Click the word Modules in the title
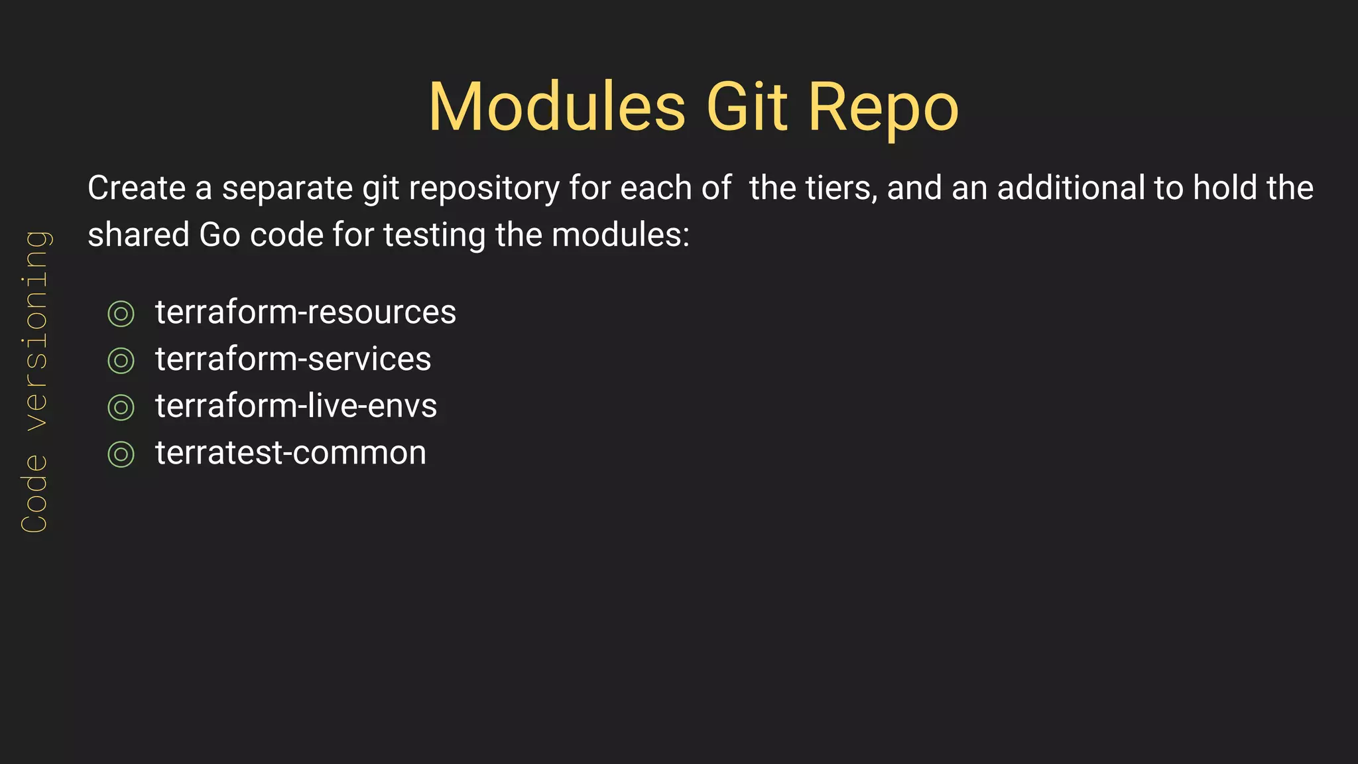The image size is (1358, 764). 557,107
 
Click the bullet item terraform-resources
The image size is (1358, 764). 305,312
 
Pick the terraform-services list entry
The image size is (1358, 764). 292,359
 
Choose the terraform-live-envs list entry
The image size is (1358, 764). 296,406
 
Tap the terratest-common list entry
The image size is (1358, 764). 290,453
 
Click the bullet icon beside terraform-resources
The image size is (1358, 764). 121,314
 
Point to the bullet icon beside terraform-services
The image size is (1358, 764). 121,361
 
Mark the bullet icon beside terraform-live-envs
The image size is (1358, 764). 121,407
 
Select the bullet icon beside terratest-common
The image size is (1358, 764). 121,454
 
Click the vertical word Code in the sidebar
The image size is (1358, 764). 34,493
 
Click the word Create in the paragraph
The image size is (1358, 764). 136,188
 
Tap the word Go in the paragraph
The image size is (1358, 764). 219,235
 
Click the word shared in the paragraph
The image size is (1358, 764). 139,235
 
